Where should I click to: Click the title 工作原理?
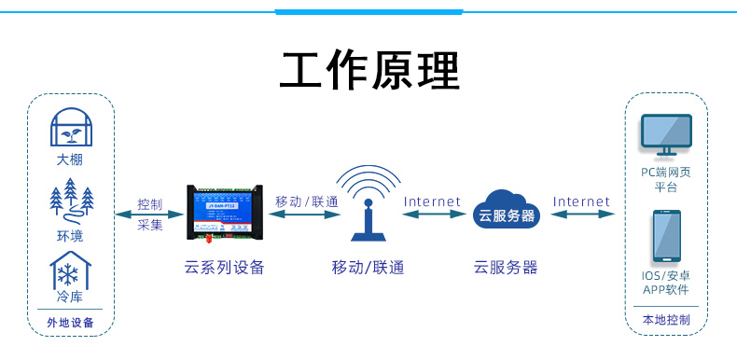[369, 70]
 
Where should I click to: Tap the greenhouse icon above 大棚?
[70, 129]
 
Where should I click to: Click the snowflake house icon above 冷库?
[70, 271]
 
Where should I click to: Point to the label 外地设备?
[70, 323]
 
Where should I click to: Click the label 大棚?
[70, 159]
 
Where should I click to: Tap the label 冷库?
[70, 298]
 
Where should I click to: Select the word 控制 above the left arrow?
[149, 203]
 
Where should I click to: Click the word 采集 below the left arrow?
[149, 224]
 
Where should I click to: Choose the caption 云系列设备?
[225, 268]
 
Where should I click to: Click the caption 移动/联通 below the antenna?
[368, 268]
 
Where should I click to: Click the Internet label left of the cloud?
[432, 201]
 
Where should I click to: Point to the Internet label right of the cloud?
[581, 201]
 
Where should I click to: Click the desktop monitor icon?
[665, 137]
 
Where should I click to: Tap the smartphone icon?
[666, 237]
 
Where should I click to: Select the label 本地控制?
[666, 320]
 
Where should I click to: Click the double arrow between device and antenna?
[304, 214]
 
